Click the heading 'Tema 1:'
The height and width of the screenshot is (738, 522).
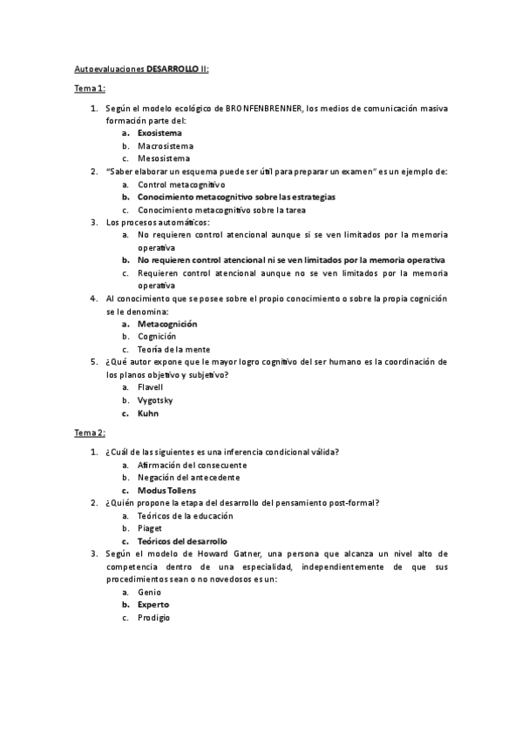point(89,88)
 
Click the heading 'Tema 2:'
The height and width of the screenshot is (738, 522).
point(89,433)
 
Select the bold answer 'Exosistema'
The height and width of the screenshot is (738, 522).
point(159,133)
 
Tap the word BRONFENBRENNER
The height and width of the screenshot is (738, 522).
point(264,108)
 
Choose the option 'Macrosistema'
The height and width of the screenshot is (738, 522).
point(165,146)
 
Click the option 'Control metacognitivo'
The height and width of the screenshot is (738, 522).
point(181,184)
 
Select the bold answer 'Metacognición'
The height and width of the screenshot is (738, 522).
point(167,324)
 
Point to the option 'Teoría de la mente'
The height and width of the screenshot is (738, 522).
point(173,349)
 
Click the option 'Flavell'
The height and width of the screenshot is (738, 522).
point(150,387)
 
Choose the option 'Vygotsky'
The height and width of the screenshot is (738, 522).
point(155,400)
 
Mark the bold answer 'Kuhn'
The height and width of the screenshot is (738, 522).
point(148,413)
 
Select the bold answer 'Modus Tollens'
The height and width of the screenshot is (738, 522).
point(166,490)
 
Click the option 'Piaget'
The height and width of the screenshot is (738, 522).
point(150,528)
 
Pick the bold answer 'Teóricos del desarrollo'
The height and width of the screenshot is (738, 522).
point(181,541)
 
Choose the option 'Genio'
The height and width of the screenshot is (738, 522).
point(149,592)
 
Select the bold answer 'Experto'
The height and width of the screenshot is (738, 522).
point(153,604)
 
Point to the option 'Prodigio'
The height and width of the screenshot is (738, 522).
point(153,617)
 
